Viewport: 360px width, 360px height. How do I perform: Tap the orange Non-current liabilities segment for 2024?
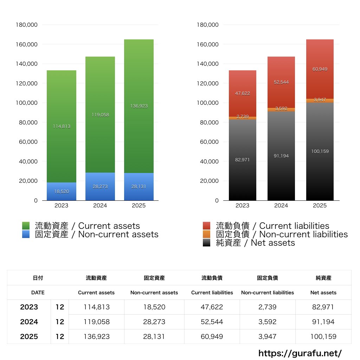coord(281,110)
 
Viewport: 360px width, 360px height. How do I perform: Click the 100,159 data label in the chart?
coord(320,152)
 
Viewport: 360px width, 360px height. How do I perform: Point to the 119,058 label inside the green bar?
coord(100,115)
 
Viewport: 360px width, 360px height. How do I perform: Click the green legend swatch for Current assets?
coord(26,226)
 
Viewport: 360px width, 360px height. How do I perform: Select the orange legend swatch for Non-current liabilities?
coord(207,234)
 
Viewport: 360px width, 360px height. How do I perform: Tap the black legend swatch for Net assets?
coord(207,243)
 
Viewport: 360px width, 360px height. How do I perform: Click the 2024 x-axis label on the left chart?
coord(100,206)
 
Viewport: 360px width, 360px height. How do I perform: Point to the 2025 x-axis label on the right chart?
coord(320,206)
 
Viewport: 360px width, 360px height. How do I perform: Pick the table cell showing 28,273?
coord(154,322)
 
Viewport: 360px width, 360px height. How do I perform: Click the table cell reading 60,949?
coord(212,336)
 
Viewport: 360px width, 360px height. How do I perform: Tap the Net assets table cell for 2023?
coord(323,307)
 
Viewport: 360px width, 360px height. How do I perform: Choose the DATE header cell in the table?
coord(38,292)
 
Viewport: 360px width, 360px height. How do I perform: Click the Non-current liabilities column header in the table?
coord(268,292)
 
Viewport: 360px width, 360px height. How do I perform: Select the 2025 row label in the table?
coord(29,336)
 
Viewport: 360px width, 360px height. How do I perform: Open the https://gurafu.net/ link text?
coord(300,353)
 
